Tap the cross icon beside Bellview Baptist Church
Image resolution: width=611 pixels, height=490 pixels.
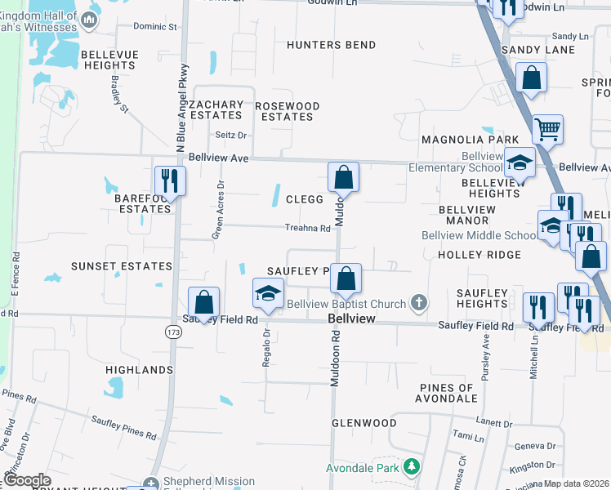coord(419,304)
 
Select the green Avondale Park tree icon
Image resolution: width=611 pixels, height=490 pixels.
coord(413,468)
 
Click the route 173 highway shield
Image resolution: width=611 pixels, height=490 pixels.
coord(172,332)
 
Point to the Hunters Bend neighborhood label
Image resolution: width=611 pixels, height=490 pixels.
coord(331,45)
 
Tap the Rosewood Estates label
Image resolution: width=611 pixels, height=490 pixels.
coord(288,111)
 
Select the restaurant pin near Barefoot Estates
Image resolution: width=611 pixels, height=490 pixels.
coord(170,180)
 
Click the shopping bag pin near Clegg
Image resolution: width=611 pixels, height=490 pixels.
coord(344,176)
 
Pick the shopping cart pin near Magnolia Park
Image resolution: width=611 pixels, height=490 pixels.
coord(546,128)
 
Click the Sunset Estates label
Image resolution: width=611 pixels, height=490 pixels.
coord(122,266)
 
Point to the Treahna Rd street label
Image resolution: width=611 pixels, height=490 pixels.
coord(307,229)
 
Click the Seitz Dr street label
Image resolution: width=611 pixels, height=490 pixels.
coord(230,135)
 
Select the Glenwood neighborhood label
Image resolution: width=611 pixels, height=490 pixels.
coord(363,423)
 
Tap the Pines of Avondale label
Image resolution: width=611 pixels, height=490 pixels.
coord(447,393)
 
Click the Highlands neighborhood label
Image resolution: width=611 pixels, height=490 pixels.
coord(140,370)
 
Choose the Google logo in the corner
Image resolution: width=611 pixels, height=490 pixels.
coord(27,480)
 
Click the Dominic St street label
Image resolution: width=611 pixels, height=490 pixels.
coord(155,27)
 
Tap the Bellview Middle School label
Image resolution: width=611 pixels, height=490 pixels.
coord(479,236)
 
